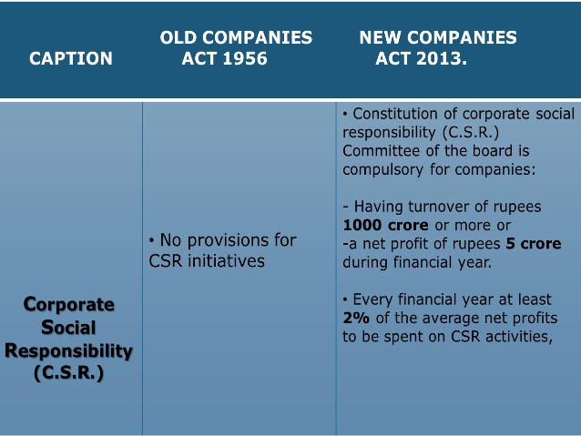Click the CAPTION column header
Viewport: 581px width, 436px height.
(x=71, y=58)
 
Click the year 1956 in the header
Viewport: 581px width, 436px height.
(x=245, y=58)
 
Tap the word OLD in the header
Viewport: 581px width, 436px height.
(x=178, y=37)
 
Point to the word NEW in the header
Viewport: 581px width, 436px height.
(x=381, y=37)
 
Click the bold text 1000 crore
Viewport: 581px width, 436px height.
(x=386, y=225)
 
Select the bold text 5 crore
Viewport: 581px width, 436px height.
(x=534, y=244)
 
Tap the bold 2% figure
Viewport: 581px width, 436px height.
(x=356, y=318)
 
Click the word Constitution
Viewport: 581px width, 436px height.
(x=395, y=114)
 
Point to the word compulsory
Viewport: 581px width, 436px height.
(x=382, y=170)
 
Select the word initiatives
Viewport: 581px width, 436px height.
(x=226, y=261)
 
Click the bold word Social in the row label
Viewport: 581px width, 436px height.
(x=68, y=328)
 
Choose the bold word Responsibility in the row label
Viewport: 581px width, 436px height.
(x=68, y=351)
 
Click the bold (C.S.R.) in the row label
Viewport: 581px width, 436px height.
(x=68, y=373)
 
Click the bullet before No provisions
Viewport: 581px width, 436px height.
(x=151, y=241)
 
